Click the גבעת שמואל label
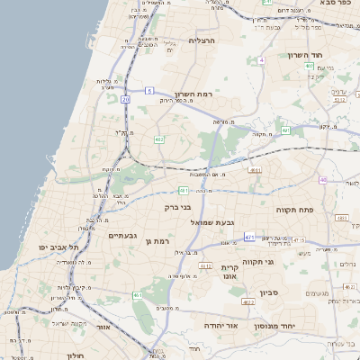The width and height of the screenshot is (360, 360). point(212,222)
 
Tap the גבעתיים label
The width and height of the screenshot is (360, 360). point(121,236)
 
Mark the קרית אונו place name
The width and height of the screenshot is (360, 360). point(228,272)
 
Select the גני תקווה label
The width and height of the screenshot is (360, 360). point(282,262)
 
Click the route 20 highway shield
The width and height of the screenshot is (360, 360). point(125,100)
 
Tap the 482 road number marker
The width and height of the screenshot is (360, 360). point(158,139)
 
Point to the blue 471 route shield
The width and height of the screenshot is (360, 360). point(249,238)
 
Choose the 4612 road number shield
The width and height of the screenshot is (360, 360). point(205,266)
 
